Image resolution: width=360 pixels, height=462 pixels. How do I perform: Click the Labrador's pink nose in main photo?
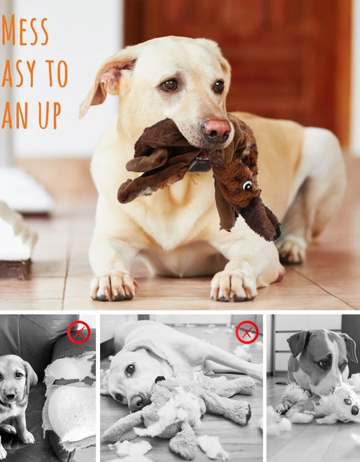216,129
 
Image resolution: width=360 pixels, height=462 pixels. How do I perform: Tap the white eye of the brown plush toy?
247,186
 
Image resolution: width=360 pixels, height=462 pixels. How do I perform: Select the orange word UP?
50,115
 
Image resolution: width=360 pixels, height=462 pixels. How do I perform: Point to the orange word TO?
55,73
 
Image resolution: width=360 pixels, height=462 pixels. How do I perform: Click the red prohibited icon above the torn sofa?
78,332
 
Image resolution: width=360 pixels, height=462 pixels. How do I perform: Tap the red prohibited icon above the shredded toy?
247,332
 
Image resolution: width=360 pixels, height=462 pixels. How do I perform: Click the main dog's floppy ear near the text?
107,80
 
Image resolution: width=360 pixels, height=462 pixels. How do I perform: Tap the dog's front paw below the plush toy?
232,284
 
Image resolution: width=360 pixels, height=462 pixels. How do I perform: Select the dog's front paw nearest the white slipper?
112,285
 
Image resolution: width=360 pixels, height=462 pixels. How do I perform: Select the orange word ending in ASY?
15,73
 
